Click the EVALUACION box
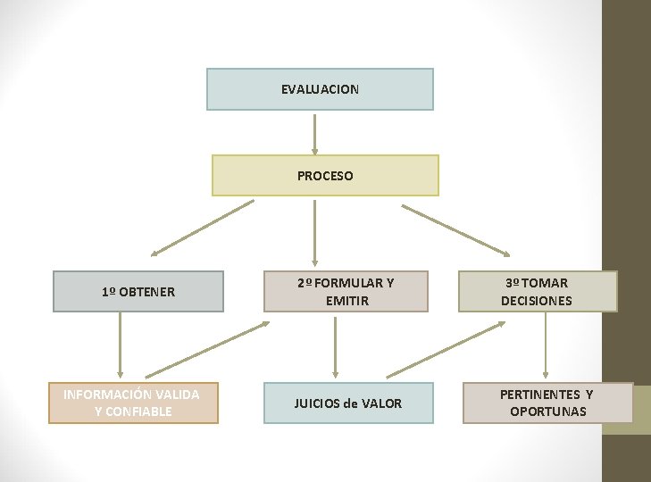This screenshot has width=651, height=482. (x=320, y=89)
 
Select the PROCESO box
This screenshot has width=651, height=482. (x=325, y=175)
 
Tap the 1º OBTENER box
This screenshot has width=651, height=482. (x=138, y=291)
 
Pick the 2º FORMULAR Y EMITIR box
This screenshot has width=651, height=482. (x=346, y=291)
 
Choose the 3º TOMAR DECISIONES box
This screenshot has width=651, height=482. (x=537, y=291)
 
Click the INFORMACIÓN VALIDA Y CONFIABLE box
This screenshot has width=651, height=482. (x=131, y=403)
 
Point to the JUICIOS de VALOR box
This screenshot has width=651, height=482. (x=347, y=403)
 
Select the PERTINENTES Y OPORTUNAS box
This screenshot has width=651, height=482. (x=547, y=403)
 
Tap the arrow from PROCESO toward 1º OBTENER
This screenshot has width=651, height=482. (x=202, y=229)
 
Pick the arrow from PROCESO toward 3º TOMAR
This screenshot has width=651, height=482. (x=455, y=229)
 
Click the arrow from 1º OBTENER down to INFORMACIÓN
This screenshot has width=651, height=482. (x=119, y=346)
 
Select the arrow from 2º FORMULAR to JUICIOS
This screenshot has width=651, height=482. (x=335, y=346)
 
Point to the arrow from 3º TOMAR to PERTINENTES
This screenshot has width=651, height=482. (x=546, y=346)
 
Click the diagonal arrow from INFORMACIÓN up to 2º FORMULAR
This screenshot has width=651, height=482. (x=206, y=350)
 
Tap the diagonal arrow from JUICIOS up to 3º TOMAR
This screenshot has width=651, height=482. (x=447, y=349)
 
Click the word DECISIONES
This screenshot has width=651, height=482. (x=537, y=301)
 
